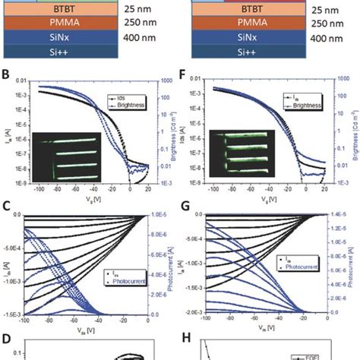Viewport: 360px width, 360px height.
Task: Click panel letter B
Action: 7,76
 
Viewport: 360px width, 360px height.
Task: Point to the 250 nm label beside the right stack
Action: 323,24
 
